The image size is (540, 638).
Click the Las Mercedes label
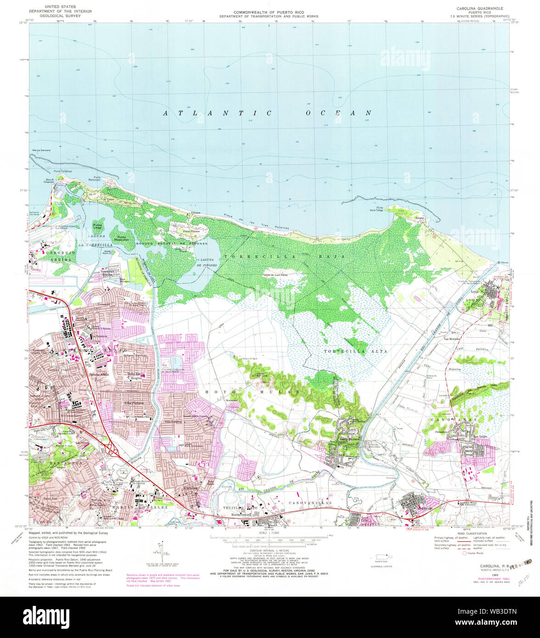[x=452, y=339]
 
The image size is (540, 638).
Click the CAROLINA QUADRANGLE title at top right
[x=479, y=8]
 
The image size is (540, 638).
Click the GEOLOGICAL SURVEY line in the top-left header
[x=55, y=16]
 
